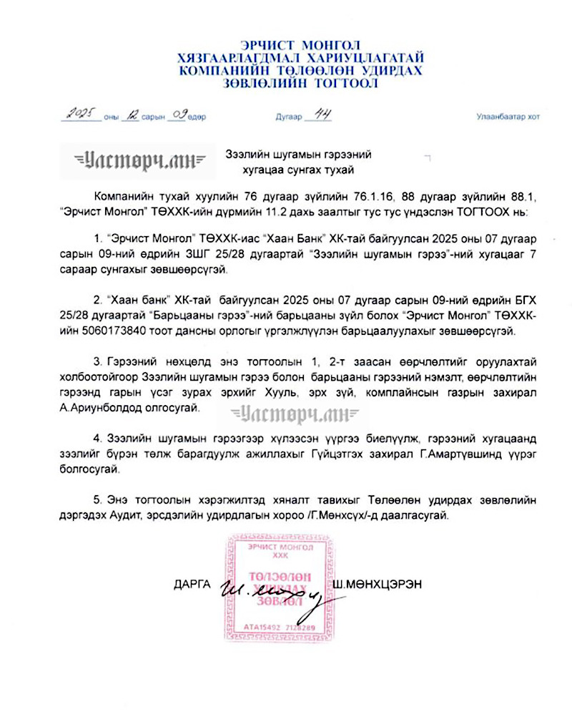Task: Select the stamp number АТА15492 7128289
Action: [x=280, y=628]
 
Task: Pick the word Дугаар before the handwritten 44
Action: [x=289, y=116]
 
